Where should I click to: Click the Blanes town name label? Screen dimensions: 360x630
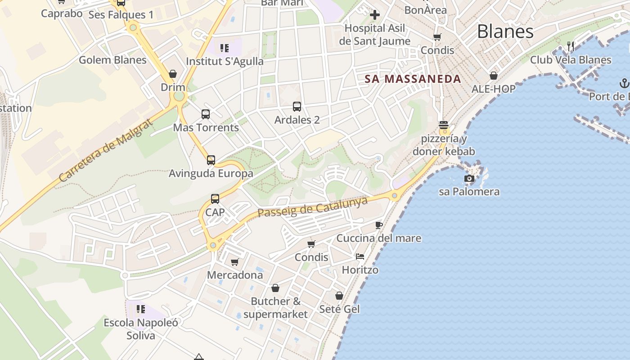coord(505,31)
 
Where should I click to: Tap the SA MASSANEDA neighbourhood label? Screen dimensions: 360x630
coord(413,79)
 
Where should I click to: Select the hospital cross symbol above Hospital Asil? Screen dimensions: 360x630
coord(374,15)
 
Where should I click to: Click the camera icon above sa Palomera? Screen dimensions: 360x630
coord(469,179)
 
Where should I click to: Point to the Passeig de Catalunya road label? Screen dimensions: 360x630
coord(313,207)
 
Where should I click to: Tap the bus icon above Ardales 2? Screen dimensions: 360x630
coord(297,107)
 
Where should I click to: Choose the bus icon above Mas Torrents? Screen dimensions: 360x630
coord(206,114)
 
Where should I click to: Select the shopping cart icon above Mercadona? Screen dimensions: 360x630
coord(234,262)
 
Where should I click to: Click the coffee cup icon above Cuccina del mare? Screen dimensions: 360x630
coord(379,225)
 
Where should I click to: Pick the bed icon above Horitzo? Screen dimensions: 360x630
coord(360,256)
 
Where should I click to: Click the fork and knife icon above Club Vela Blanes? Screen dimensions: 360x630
coord(571,46)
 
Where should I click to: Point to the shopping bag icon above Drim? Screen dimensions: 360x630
coord(173,74)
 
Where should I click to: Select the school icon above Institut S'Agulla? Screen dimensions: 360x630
coord(225,48)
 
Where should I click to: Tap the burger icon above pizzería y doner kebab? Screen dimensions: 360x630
coord(444,125)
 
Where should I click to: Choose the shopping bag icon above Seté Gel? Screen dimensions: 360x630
coord(339,296)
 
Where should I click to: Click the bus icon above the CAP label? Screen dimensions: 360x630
coord(215,199)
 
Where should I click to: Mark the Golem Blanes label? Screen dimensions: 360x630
coord(112,60)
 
